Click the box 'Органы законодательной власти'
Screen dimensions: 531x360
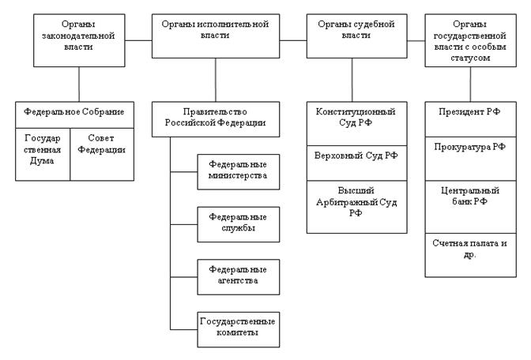79,40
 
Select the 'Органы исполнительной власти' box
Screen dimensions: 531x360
216,36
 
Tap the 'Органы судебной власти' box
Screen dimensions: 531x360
357,36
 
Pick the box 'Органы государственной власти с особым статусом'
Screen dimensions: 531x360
471,40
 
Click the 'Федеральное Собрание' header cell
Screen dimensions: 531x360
74,114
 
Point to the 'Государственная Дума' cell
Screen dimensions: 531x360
43,154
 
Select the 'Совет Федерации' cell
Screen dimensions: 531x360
102,154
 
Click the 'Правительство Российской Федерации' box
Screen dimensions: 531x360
216,119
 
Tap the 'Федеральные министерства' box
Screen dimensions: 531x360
239,172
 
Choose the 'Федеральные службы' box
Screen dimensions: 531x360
239,224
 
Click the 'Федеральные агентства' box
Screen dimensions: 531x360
239,277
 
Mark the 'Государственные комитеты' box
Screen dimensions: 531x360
239,329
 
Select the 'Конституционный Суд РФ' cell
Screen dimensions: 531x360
357,123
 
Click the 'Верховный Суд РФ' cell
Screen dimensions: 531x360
357,163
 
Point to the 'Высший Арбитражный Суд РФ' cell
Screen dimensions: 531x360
357,207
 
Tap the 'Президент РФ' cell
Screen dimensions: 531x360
471,119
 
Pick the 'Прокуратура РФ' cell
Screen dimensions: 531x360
471,159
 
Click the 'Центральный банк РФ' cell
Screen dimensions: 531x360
471,207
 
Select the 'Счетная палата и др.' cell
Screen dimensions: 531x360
471,255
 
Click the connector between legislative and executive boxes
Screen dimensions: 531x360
138,40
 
